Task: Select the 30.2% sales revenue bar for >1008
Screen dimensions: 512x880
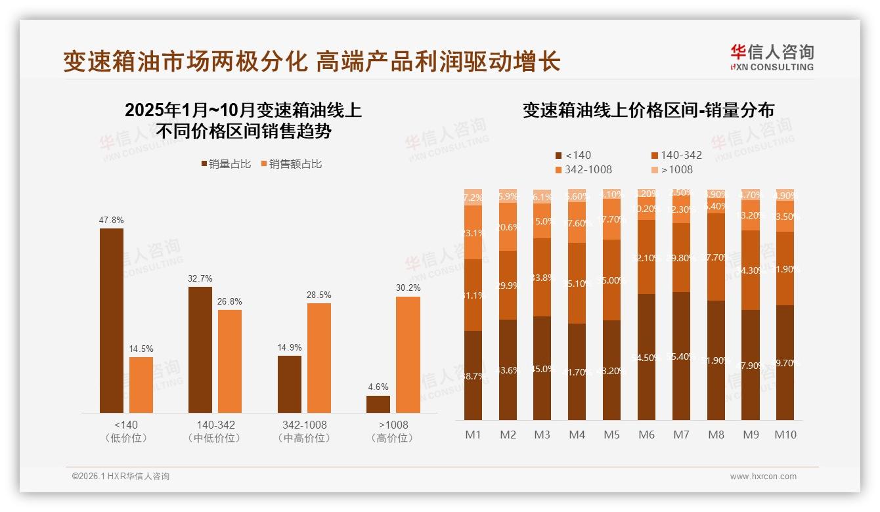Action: click(x=408, y=354)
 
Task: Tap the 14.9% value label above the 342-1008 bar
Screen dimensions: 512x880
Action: click(x=290, y=348)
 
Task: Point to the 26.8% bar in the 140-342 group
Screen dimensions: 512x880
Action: click(x=230, y=361)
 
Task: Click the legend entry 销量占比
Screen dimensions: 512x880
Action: click(x=225, y=164)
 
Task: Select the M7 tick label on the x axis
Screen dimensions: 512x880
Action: click(x=681, y=435)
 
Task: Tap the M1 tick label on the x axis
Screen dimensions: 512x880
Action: click(x=473, y=435)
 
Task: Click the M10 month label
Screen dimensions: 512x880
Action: click(x=785, y=435)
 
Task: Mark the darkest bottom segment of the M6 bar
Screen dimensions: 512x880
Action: click(x=646, y=357)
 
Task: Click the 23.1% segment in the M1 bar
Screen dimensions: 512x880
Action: click(x=473, y=232)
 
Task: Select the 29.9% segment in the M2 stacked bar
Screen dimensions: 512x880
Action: click(x=508, y=285)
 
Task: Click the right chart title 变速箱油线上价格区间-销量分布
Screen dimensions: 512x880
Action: click(x=648, y=110)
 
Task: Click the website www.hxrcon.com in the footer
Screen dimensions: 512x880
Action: click(x=763, y=477)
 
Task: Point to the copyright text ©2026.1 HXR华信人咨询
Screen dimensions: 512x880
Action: click(x=120, y=477)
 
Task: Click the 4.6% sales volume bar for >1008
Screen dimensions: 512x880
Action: click(x=378, y=404)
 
